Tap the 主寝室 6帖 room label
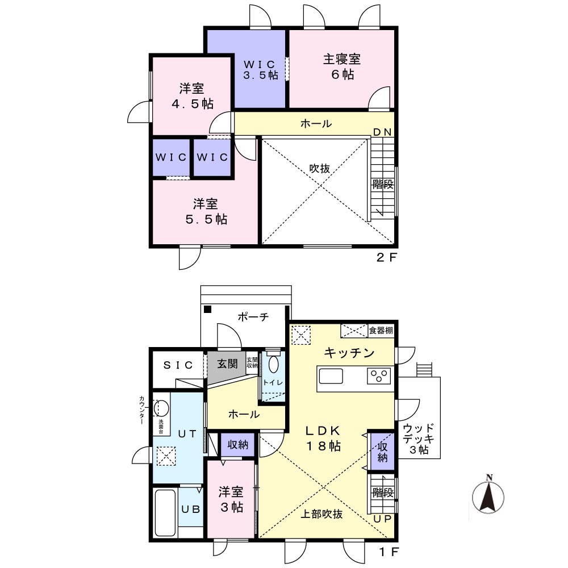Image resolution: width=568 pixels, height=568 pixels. [341, 66]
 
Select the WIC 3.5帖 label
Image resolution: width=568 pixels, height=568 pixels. [260, 70]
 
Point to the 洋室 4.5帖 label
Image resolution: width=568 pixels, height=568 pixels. [192, 96]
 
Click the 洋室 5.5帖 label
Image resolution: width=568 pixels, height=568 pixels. [206, 211]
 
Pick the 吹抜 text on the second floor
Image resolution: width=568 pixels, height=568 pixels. [319, 169]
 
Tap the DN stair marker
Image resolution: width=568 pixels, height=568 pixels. [382, 132]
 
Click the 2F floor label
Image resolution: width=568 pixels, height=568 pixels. [387, 257]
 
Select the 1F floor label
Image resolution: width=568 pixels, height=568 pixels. [389, 552]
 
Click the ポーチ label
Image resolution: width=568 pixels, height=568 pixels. [253, 317]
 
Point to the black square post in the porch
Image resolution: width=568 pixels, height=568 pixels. [207, 310]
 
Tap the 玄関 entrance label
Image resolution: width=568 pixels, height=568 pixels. [227, 364]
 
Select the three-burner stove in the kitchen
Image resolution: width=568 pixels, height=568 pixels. [379, 375]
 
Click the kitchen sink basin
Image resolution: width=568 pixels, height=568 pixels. [331, 376]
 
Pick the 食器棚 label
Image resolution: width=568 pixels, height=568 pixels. [381, 331]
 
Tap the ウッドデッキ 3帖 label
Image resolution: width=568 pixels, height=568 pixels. [419, 439]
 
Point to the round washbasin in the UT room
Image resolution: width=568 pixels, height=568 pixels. [161, 408]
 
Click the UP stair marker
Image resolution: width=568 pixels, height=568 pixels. [382, 519]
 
